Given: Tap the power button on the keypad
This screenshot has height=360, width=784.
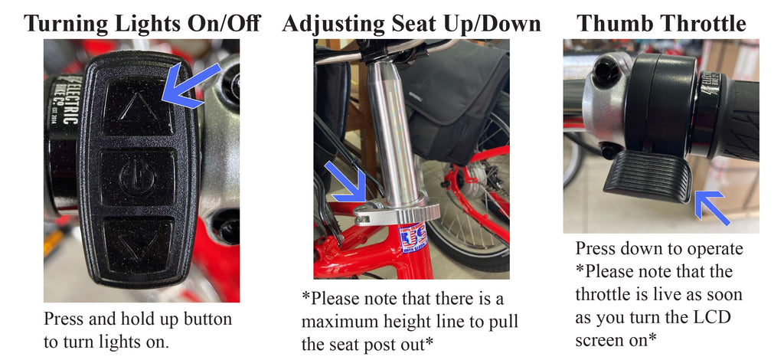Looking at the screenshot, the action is coord(137,178).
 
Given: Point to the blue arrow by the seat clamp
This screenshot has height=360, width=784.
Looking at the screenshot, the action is coord(347,182).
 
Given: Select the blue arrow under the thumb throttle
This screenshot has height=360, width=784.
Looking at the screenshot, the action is coord(711,207).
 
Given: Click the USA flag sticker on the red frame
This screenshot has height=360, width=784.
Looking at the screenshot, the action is coord(413,238).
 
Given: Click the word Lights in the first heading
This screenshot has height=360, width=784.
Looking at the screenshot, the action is coord(129,23).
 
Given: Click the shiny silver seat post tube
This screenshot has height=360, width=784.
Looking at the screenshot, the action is coord(396,136).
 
